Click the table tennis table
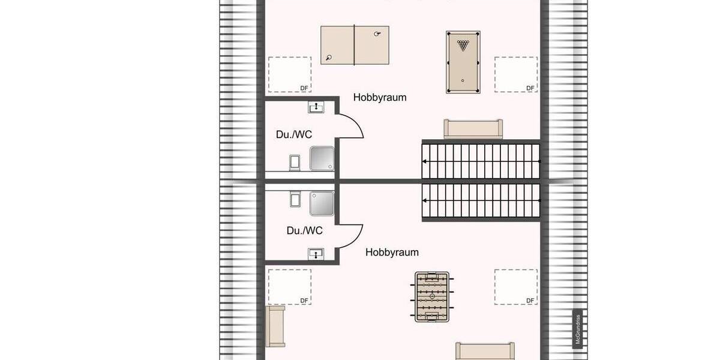355,46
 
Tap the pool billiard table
463,62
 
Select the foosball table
432,296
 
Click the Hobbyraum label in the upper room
380,97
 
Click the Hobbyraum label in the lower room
392,253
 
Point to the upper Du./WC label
294,134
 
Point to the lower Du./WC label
305,230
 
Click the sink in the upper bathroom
316,107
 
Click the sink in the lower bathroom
316,253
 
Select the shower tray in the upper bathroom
322,158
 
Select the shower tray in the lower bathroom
322,203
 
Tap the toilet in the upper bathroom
295,162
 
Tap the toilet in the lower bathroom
295,199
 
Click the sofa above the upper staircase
473,129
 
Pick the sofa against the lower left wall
275,326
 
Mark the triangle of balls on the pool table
463,45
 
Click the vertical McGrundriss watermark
577,329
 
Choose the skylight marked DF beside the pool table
515,74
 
